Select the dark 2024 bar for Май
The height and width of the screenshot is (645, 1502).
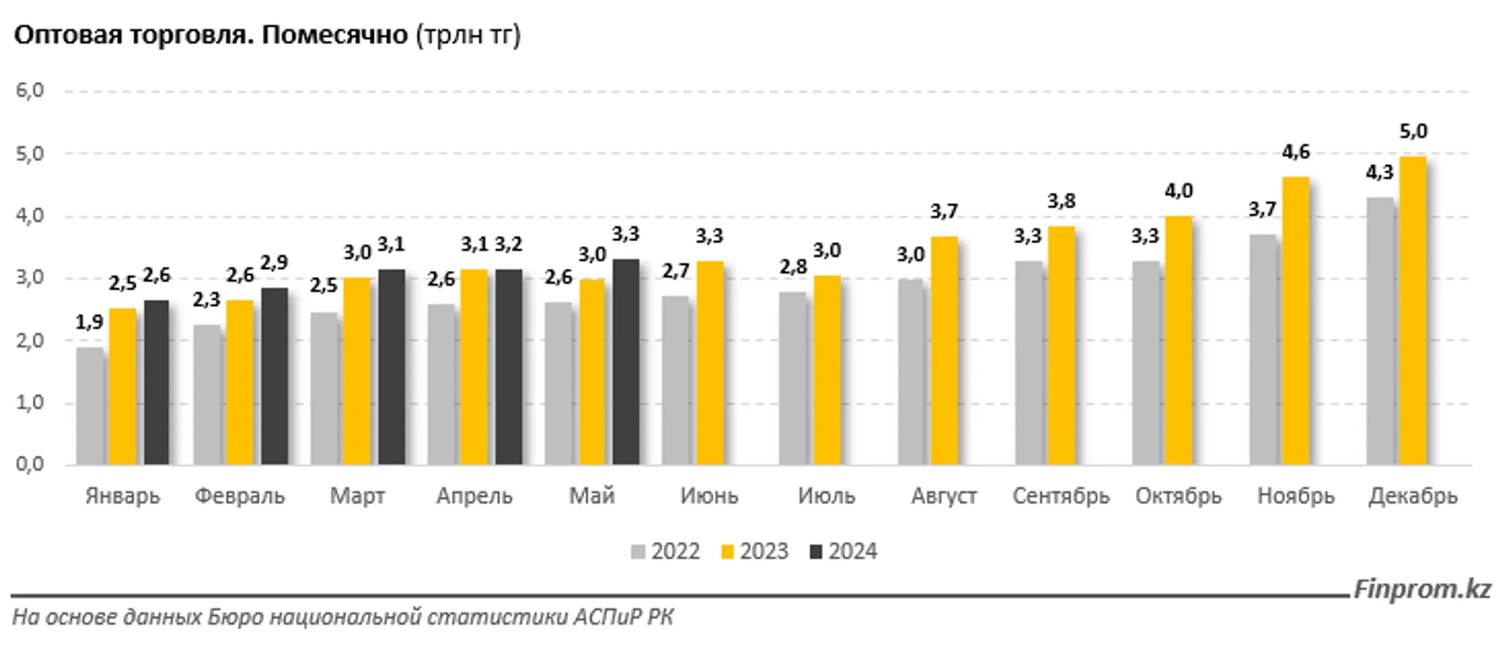[626, 361]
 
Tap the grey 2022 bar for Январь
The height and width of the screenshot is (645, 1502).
[90, 406]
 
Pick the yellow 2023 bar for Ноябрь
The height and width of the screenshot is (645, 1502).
[1295, 320]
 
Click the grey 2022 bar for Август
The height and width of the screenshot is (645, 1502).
[911, 372]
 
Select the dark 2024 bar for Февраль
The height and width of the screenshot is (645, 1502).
[274, 376]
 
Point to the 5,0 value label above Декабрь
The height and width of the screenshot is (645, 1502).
[1412, 131]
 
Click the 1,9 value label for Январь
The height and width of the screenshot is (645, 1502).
[89, 322]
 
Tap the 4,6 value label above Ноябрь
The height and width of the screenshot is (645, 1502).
[1295, 152]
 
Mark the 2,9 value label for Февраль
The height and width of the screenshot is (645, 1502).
[274, 263]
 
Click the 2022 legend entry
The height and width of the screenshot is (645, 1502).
[665, 552]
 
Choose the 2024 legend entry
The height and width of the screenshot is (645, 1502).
[843, 552]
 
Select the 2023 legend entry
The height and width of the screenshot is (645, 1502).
[754, 552]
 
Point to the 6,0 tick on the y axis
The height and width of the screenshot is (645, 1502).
[30, 90]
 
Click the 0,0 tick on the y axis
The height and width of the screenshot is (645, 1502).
[30, 464]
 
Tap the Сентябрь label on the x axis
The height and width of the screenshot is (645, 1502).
[1060, 496]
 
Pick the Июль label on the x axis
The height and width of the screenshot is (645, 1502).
[826, 496]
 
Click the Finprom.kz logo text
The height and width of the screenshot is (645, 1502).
[1421, 589]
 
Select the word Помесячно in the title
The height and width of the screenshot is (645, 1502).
[334, 35]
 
